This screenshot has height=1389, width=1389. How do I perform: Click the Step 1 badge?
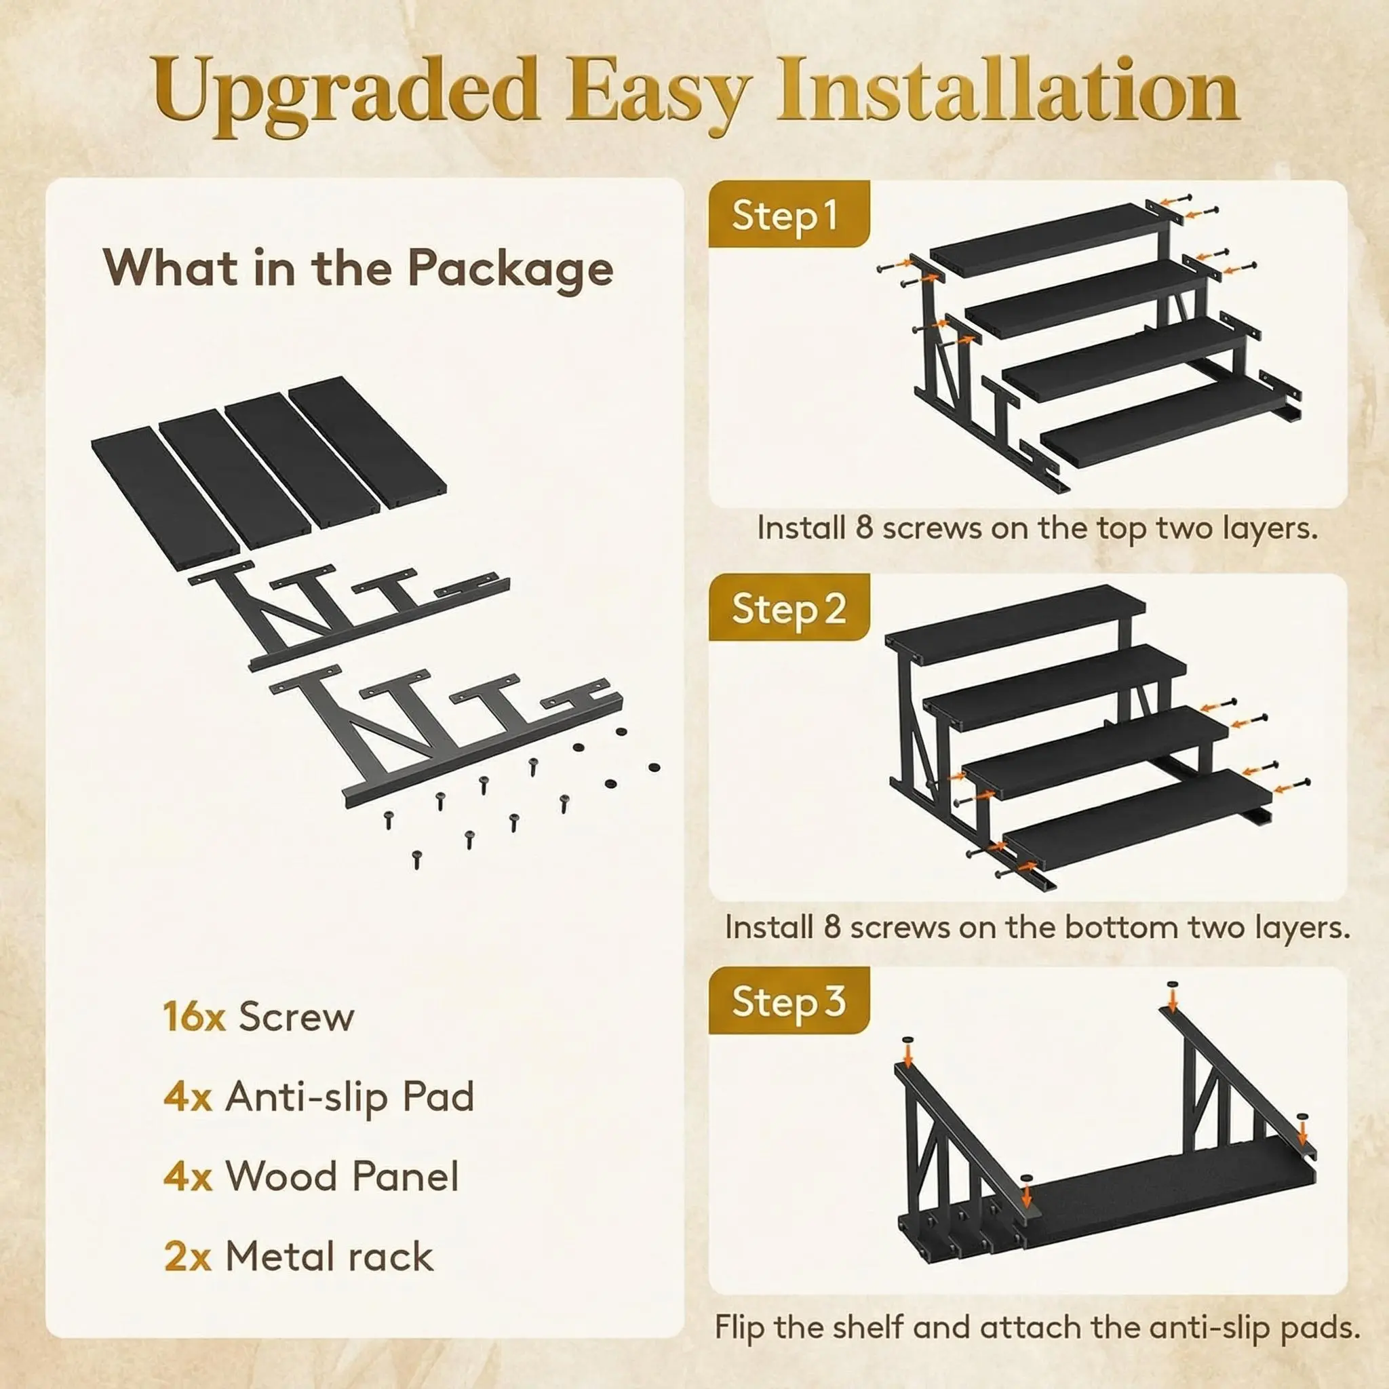coord(788,214)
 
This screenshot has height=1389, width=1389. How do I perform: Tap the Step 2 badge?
coord(788,608)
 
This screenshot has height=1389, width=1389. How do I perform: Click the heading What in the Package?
coord(358,268)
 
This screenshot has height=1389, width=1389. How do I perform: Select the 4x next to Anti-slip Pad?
coord(187,1097)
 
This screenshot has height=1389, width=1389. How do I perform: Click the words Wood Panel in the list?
coord(343,1176)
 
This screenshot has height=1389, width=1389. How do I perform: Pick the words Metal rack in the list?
coord(329,1257)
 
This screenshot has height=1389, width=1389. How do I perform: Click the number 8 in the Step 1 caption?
coord(864,528)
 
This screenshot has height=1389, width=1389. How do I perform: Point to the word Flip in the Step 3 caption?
coord(740,1327)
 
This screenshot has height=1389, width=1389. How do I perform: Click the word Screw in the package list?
coord(296,1017)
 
